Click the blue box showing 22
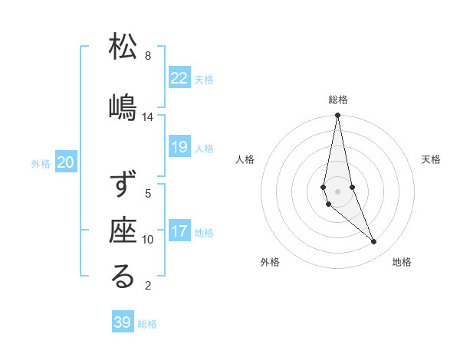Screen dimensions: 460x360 pos(179,77)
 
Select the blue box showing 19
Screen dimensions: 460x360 pos(179,147)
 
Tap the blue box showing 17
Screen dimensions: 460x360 pos(179,231)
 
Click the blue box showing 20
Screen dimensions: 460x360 pos(66,162)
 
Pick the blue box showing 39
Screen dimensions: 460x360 pos(123,322)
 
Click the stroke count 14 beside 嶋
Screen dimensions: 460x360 pos(148,117)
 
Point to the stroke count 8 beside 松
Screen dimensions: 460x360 pos(148,56)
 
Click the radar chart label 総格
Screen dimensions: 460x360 pos(338,100)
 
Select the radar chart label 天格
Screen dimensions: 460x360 pos(431,159)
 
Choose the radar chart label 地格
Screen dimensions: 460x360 pos(402,262)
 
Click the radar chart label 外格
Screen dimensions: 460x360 pos(270,262)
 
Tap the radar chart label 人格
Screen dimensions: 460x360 pos(245,159)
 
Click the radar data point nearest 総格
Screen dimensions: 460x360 pos(337,116)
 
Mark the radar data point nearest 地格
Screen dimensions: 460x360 pos(374,242)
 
